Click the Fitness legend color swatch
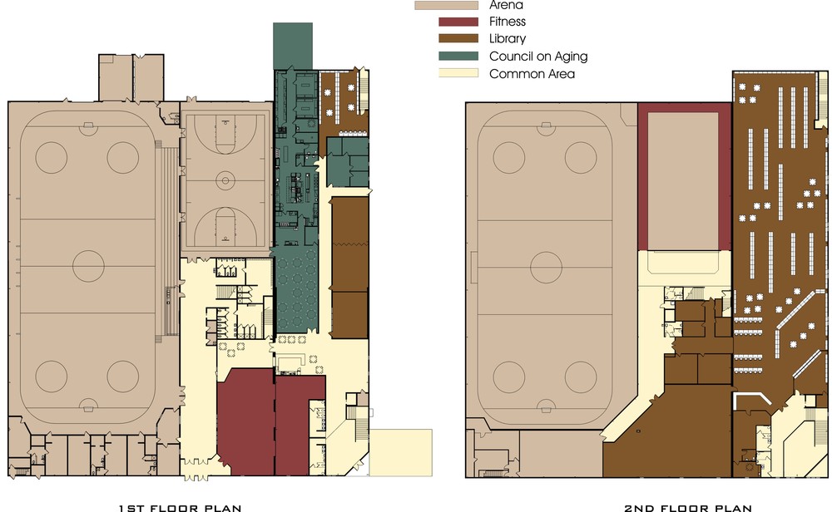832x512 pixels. click(458, 22)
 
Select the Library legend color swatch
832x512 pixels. click(458, 39)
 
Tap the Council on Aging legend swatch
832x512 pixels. click(458, 57)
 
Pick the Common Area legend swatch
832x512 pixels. click(458, 74)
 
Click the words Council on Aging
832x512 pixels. click(538, 57)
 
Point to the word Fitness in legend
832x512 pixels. click(508, 22)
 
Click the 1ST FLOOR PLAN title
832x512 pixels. click(181, 508)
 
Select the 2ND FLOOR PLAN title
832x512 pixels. click(688, 508)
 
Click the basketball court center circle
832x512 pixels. click(225, 180)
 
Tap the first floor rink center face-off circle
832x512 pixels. click(89, 266)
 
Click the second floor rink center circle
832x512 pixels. click(546, 267)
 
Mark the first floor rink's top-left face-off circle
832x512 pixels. click(52, 157)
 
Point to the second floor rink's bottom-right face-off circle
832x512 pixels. click(581, 377)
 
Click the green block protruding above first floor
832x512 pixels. click(293, 46)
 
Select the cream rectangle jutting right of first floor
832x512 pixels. click(401, 453)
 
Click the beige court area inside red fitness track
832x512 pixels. click(683, 180)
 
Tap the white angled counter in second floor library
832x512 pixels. click(752, 399)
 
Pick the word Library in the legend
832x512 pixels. click(508, 39)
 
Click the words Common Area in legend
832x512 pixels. click(532, 74)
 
